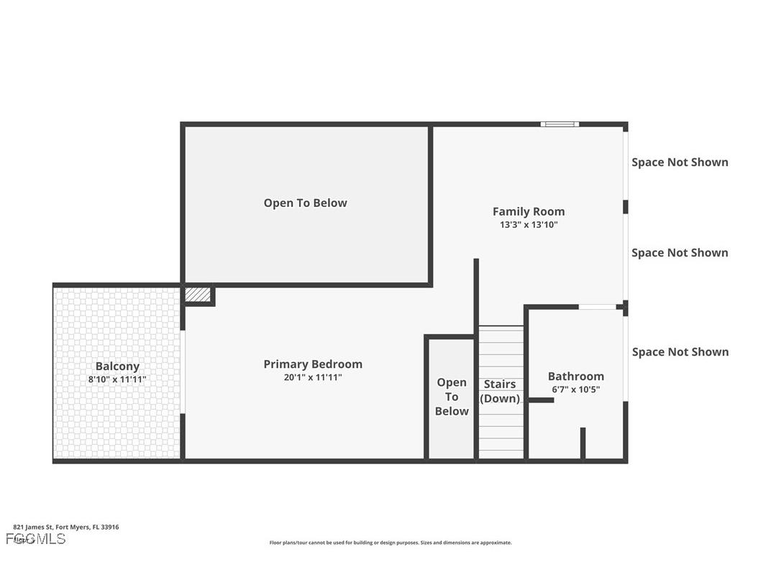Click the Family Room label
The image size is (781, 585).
point(529,211)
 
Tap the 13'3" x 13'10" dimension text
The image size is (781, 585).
point(529,225)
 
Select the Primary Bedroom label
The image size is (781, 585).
point(313,364)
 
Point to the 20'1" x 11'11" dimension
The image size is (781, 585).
point(313,377)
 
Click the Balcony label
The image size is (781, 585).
point(117,367)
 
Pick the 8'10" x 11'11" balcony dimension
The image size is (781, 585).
point(117,379)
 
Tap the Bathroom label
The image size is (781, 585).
point(575,377)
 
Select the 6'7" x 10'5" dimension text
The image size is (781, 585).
point(575,390)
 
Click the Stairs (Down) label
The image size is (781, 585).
point(500,391)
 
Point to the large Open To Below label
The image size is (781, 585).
point(305,203)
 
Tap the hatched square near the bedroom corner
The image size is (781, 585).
point(198,295)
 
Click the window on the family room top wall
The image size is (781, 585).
point(560,124)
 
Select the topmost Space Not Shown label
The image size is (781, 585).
point(680,162)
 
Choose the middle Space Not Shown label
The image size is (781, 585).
point(680,253)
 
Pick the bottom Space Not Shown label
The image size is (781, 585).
point(680,352)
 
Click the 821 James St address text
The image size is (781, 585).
point(66,527)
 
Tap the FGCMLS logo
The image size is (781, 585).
point(36,539)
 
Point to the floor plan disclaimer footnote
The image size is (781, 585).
point(390,543)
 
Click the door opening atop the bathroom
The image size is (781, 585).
point(597,307)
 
